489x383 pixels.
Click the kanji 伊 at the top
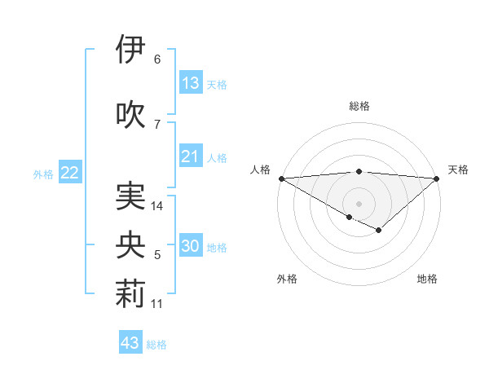click(130, 51)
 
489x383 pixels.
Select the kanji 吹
click(130, 115)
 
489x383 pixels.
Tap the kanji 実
click(130, 196)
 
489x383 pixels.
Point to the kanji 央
click(130, 246)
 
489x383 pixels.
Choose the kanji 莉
click(130, 295)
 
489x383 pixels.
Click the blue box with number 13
click(191, 83)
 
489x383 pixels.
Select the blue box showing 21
click(191, 156)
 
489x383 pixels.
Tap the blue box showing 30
click(192, 247)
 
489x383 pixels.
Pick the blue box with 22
click(70, 173)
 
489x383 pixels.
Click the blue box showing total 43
click(130, 343)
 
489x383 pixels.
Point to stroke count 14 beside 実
click(158, 206)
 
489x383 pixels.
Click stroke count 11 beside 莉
click(158, 304)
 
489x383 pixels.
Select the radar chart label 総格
click(359, 106)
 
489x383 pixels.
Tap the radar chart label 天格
click(458, 169)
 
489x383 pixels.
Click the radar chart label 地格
click(427, 279)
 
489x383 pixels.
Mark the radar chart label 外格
click(287, 279)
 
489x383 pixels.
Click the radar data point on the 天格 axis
click(438, 178)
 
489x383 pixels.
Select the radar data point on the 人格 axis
click(280, 178)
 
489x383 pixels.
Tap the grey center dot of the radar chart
click(359, 202)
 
